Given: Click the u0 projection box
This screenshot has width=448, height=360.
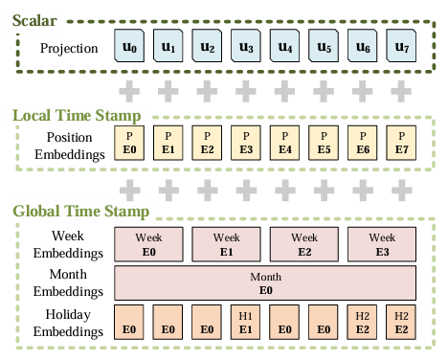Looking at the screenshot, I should click(x=130, y=46).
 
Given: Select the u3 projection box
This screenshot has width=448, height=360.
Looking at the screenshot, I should click(x=246, y=46).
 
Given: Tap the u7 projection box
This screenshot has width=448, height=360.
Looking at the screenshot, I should click(x=401, y=46).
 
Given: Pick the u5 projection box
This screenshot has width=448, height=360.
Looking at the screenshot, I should click(x=324, y=46).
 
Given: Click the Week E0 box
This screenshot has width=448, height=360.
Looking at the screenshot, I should click(x=149, y=243).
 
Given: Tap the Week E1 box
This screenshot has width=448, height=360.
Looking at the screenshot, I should click(x=227, y=243).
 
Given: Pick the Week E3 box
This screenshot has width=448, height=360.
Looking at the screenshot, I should click(x=382, y=243).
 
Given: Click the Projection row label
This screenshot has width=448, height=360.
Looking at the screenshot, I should click(x=69, y=47).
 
